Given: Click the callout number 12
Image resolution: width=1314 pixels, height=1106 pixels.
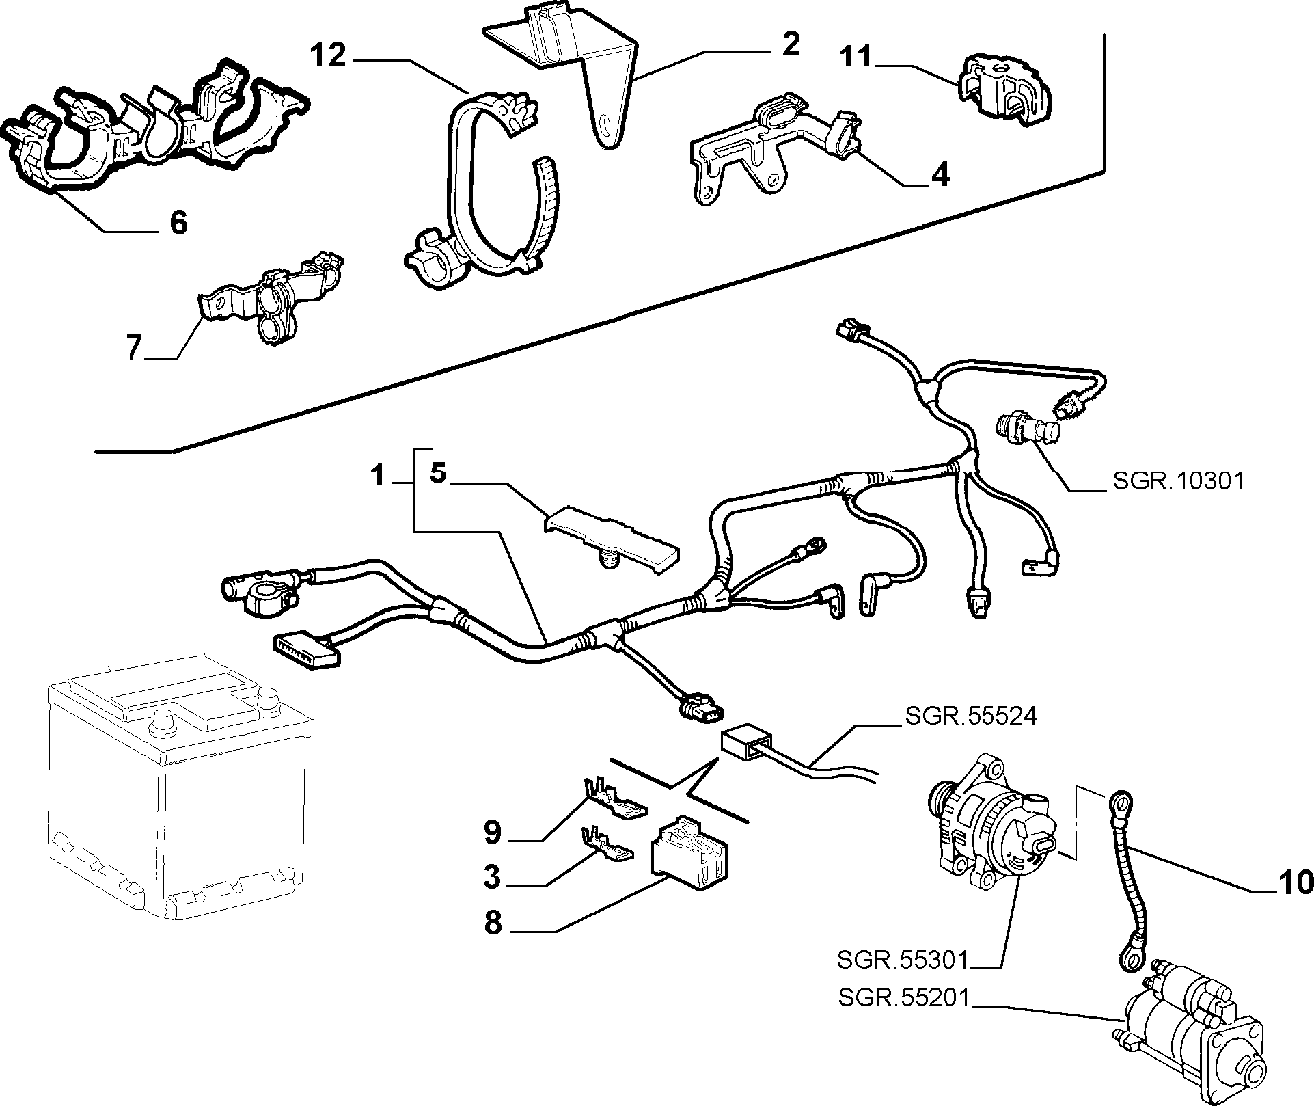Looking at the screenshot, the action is pos(329,55).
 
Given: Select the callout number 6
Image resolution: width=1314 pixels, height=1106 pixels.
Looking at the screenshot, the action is pos(178,223).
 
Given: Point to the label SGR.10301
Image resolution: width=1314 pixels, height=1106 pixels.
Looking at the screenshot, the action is pos(1179,481).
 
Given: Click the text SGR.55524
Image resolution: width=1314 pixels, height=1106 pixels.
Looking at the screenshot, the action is pos(971,716).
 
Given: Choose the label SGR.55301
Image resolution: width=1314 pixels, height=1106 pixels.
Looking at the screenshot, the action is pos(903,960).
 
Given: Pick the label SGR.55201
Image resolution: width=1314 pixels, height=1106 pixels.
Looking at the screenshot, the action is pos(904,999).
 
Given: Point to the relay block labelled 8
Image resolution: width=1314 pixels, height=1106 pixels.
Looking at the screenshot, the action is pos(690,852).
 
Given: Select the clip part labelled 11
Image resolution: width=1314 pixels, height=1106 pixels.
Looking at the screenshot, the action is pos(1005,91).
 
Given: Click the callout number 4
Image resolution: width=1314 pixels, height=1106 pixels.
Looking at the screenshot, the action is pos(941,175).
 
